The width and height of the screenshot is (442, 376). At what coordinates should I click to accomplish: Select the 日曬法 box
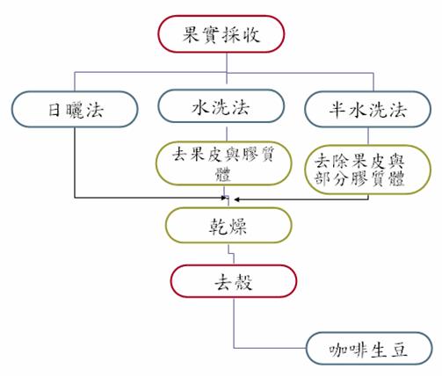pos(76,111)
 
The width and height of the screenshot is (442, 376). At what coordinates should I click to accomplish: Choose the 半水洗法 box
pos(367,111)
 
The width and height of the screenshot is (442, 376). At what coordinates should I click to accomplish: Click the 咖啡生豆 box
pos(369,351)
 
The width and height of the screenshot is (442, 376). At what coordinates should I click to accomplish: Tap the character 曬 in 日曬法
pos(76,111)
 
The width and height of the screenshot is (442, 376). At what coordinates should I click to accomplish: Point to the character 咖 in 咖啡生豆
pos(332,351)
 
